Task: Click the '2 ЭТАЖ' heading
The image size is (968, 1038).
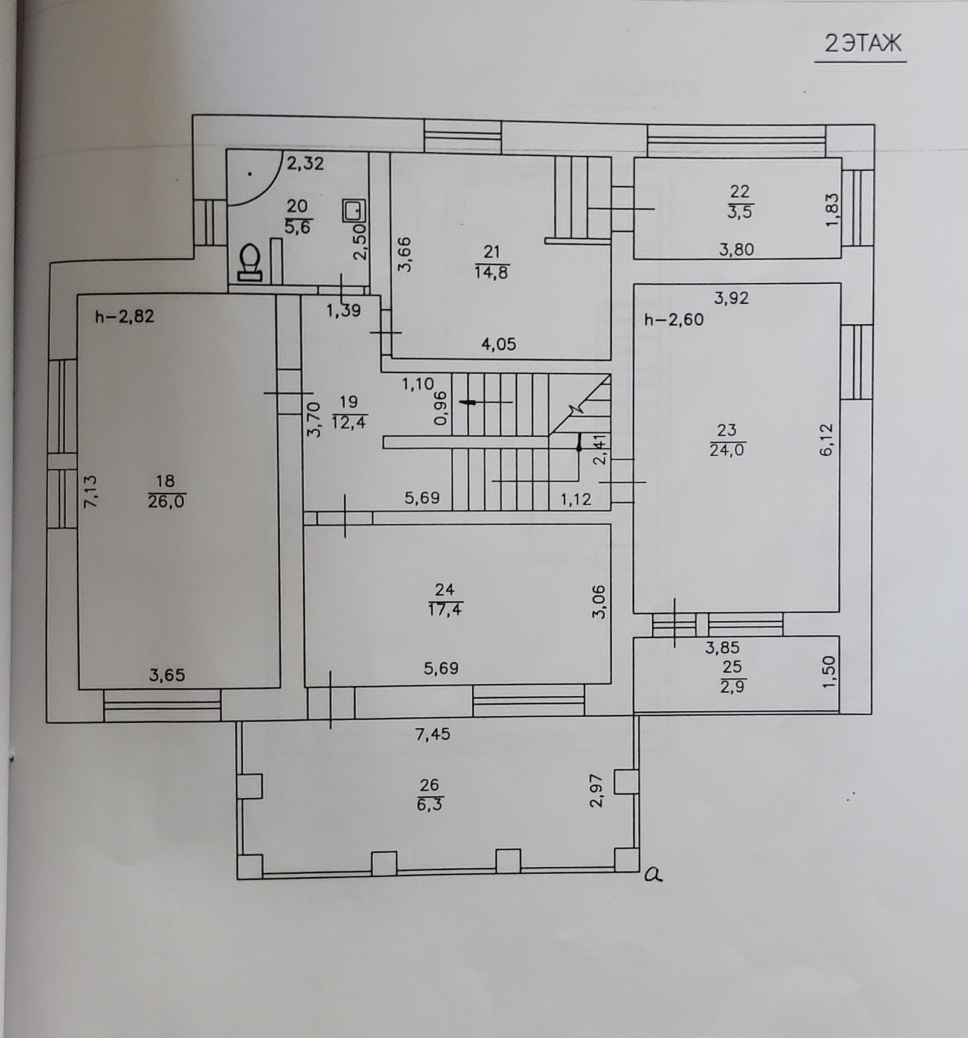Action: pos(862,44)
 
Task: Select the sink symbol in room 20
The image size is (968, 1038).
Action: pos(354,211)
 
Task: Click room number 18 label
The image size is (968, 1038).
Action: pos(165,481)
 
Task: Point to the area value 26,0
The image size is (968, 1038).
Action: pos(166,501)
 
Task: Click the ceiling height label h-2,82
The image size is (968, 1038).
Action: pos(124,316)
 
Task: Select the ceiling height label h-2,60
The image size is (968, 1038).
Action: pos(674,319)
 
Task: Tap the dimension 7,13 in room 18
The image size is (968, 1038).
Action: pos(91,491)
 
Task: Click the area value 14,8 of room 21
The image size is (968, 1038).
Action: pos(492,272)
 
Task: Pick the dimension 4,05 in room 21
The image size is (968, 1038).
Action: pos(499,344)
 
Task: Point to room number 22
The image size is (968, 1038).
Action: pos(740,191)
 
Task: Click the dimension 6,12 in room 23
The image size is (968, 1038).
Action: pos(826,440)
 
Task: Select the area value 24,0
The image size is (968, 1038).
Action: pos(727,450)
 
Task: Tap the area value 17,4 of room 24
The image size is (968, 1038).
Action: pos(445,609)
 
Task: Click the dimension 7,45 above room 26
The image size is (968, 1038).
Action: pos(432,734)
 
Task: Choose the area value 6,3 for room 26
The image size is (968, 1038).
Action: pos(429,804)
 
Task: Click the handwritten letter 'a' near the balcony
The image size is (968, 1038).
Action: pos(653,874)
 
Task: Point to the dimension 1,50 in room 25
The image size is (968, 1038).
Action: pos(829,671)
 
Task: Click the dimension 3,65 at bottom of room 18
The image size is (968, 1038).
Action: pos(167,674)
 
